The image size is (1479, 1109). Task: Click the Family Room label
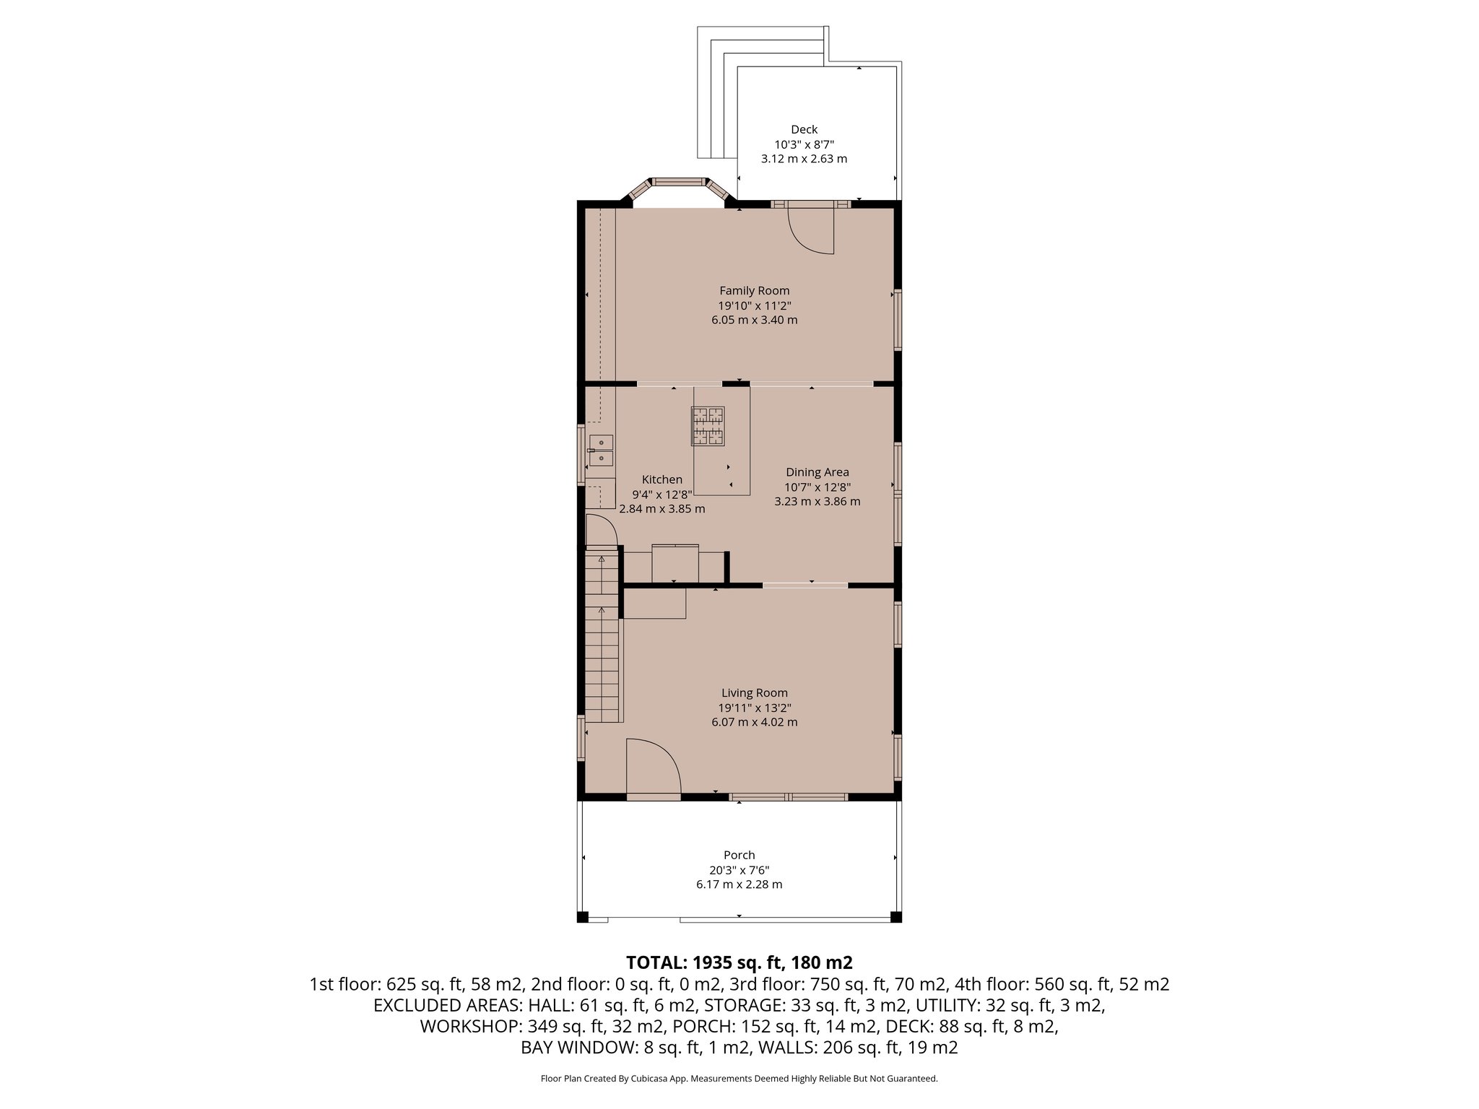coord(754,291)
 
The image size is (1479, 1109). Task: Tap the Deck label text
coord(804,130)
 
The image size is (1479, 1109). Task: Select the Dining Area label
coord(817,472)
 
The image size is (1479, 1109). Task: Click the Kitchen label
coord(662,479)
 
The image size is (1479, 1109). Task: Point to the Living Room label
coord(754,693)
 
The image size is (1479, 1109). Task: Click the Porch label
coord(739,855)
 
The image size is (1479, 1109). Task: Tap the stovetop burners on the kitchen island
coord(708,425)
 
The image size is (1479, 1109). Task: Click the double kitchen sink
coord(601,451)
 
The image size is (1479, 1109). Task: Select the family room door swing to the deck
coord(812,231)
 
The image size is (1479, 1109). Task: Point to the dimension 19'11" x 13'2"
coord(754,708)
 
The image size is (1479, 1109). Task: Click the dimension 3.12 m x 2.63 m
coord(804,159)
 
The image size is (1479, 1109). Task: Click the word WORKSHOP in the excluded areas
coord(467,1026)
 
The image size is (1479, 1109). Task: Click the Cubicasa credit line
coord(739,1079)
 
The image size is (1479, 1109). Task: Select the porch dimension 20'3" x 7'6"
coord(739,870)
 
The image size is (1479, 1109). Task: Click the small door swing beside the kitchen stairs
coord(601,531)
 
